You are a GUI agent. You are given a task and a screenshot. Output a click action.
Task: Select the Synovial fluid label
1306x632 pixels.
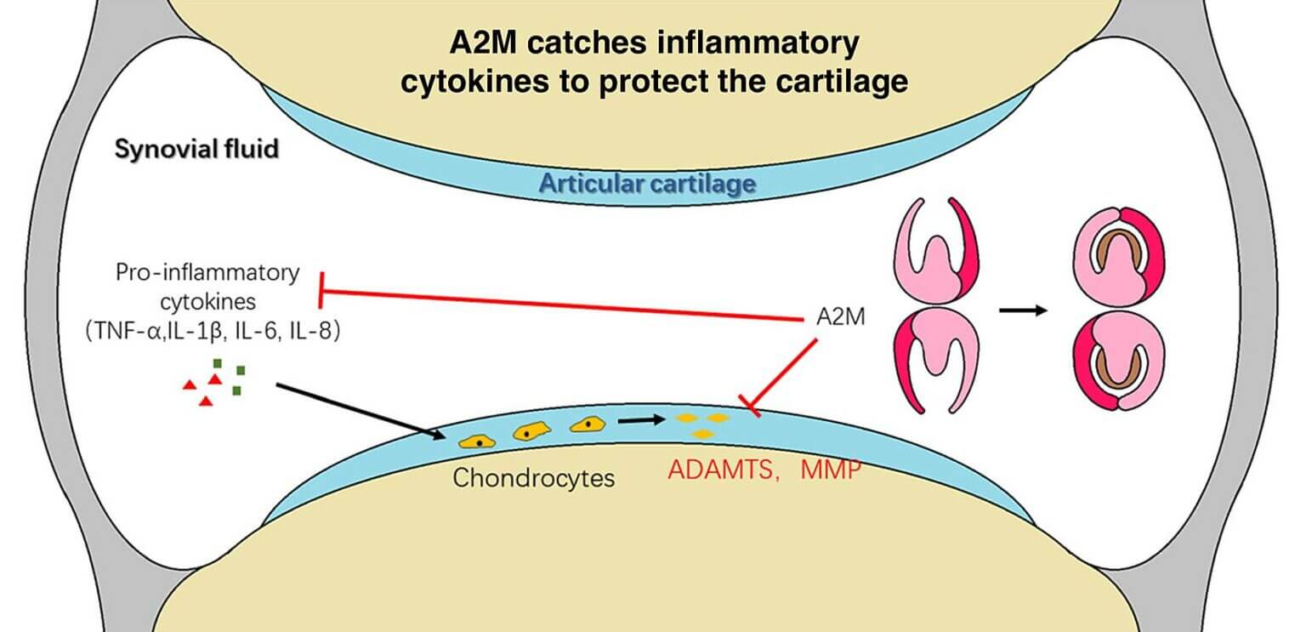(196, 150)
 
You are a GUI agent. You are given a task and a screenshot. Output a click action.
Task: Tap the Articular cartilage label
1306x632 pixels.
(647, 183)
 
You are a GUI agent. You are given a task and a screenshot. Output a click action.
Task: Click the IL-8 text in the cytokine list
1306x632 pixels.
(314, 332)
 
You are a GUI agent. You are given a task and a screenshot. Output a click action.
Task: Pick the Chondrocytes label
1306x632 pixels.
(533, 478)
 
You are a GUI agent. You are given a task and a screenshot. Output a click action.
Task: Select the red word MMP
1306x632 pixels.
(831, 470)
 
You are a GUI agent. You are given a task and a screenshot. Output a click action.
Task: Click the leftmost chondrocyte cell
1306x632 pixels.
(478, 441)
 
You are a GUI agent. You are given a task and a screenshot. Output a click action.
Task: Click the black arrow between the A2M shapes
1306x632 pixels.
(1022, 310)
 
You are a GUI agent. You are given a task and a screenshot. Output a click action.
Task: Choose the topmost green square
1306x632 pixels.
(219, 363)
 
